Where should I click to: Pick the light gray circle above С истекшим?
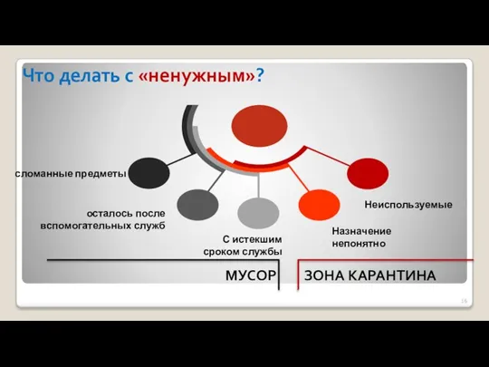258,213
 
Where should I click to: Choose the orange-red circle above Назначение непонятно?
316,204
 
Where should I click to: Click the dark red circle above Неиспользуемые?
368,172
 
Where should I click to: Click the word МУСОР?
249,275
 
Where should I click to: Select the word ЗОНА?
323,275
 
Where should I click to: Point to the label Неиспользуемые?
407,206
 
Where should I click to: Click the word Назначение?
361,231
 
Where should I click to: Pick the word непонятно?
360,244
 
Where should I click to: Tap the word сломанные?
43,172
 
